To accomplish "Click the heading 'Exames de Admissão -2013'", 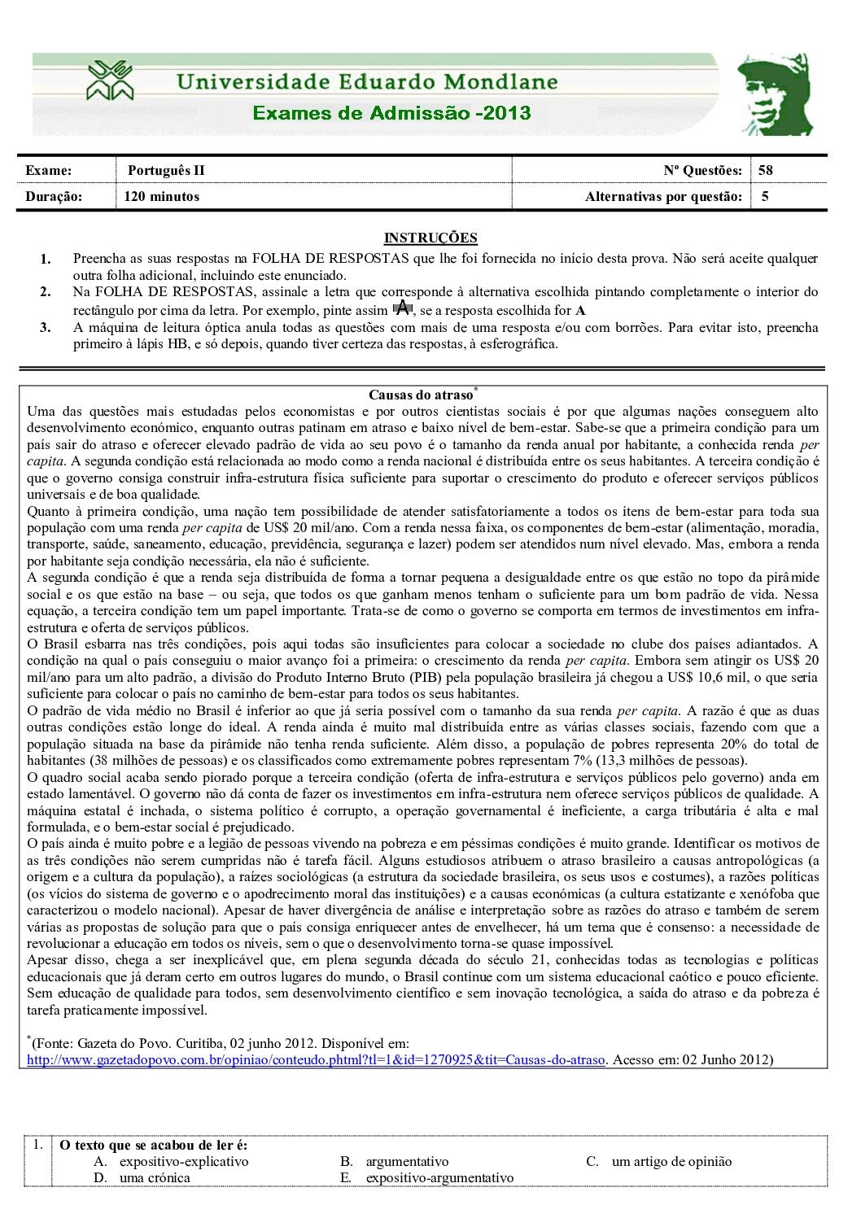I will (391, 113).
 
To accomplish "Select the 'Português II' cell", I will (166, 171).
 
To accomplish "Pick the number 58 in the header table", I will (766, 171).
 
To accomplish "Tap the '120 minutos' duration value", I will (162, 196).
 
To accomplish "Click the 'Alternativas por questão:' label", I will (663, 196).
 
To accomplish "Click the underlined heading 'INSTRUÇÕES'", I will (430, 238).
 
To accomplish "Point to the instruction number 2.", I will (46, 291).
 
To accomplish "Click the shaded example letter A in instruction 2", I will (402, 308).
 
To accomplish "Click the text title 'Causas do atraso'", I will (421, 395).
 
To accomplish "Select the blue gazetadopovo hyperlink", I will (316, 1059).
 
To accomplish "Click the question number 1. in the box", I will (38, 1144).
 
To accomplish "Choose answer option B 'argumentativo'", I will (407, 1161).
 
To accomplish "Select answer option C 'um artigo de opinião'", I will (671, 1161).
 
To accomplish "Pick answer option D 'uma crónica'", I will (154, 1177).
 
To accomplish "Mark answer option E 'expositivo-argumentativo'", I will (439, 1177).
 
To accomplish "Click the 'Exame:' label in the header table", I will (49, 171).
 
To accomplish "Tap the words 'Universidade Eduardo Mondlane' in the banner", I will (367, 82).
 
